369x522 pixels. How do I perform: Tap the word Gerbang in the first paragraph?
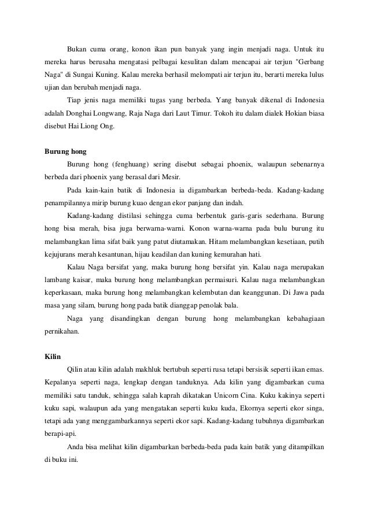coord(309,61)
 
